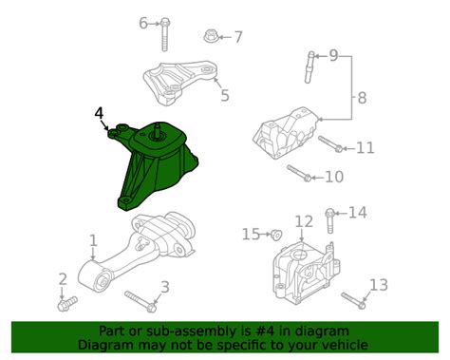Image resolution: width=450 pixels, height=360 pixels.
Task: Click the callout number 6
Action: (143, 22)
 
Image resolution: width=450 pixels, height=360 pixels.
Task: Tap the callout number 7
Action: (238, 37)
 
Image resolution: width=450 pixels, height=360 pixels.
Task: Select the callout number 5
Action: (224, 95)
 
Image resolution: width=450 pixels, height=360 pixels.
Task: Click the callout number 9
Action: (333, 56)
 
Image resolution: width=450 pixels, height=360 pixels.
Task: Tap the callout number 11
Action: (365, 147)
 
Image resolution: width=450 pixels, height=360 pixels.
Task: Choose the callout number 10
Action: (332, 177)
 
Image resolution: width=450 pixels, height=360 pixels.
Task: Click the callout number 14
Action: (356, 213)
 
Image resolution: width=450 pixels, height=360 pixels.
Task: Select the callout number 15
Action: (251, 233)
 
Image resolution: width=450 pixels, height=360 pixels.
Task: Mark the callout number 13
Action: (378, 284)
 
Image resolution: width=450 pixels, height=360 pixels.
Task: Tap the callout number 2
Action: (62, 278)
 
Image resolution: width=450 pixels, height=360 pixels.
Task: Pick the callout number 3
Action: (164, 287)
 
